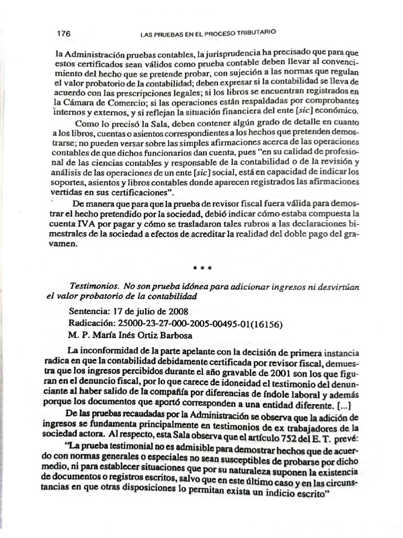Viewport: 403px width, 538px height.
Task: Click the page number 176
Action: coord(63,33)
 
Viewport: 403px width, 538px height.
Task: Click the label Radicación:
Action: coord(92,323)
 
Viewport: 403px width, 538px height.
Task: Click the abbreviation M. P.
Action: coord(78,335)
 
